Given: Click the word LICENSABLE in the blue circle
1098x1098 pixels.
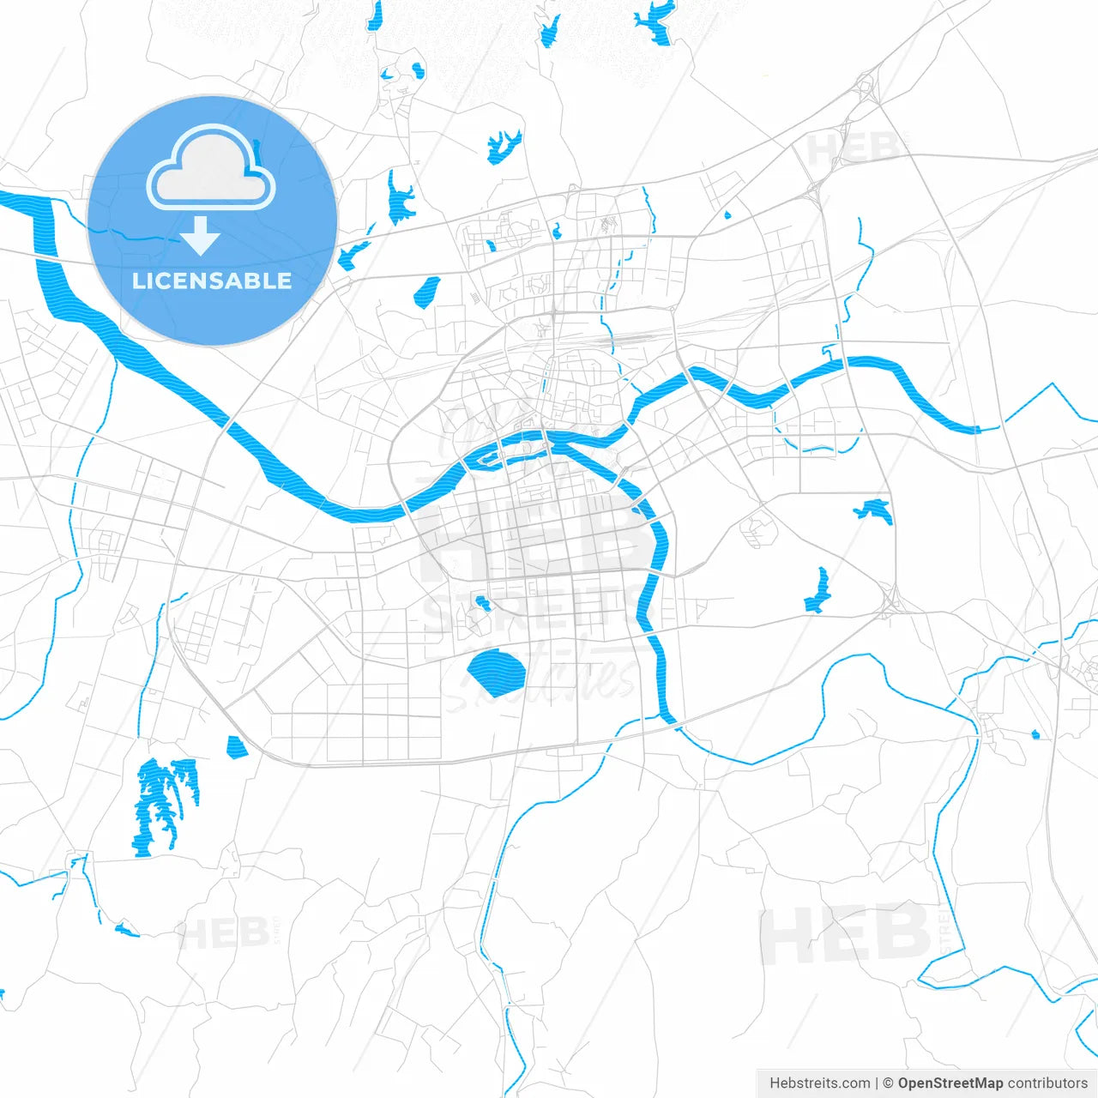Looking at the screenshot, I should pos(212,281).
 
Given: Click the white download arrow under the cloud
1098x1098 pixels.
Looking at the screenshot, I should pos(201,236).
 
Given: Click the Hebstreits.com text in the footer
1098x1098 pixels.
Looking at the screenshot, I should pos(819,1083).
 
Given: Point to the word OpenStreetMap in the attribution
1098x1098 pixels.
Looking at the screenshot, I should pos(950,1083).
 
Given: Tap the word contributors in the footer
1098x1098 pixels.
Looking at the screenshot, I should pos(1047,1083).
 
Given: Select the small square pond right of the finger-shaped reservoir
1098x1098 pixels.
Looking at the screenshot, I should pos(236,747).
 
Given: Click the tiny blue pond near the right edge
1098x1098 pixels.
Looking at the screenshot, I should pos(1035,734).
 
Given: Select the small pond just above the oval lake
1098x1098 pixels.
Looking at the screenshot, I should pos(482,602).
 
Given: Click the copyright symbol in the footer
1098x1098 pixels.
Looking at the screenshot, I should pos(888,1083).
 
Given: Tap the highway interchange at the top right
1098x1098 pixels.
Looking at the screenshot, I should pos(866,87).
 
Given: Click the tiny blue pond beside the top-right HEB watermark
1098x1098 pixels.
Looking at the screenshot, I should pos(727,215).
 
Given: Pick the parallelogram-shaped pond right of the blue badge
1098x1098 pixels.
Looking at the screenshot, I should pos(426,292).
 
